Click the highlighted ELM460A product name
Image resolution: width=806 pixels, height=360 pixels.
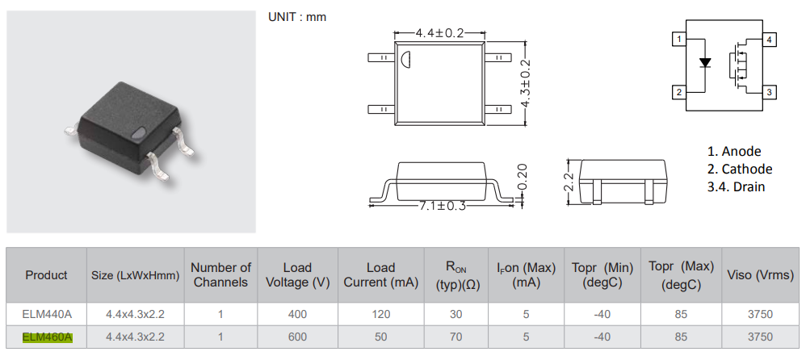(48, 337)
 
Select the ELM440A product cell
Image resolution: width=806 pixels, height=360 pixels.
(47, 313)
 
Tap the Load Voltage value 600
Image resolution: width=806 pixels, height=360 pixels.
(296, 337)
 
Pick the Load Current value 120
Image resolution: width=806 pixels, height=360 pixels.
(380, 313)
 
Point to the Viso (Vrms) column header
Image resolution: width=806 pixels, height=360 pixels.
(761, 275)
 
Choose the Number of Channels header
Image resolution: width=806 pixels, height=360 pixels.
(220, 274)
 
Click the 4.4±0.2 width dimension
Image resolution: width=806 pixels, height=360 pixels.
(439, 33)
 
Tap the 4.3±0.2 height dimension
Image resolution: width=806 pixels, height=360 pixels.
(526, 84)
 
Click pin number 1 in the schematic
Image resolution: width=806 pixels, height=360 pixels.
(681, 40)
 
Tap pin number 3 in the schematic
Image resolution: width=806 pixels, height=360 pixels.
(770, 93)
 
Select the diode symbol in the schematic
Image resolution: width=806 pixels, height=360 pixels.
(704, 62)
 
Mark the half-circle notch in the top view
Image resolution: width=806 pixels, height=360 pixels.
(407, 59)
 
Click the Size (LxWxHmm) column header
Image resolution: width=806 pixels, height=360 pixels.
(134, 275)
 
